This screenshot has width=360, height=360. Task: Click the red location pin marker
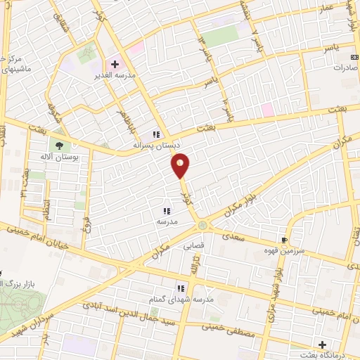(181, 166)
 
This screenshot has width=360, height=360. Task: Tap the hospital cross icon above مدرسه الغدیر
(115, 64)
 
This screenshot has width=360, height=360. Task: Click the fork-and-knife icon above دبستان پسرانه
(156, 134)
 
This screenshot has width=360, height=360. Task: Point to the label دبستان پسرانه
(157, 145)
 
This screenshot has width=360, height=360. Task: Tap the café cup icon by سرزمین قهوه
(285, 239)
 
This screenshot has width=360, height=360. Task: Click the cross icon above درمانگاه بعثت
(322, 345)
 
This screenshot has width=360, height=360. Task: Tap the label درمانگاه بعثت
(323, 355)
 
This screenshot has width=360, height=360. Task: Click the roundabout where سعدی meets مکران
(203, 225)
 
